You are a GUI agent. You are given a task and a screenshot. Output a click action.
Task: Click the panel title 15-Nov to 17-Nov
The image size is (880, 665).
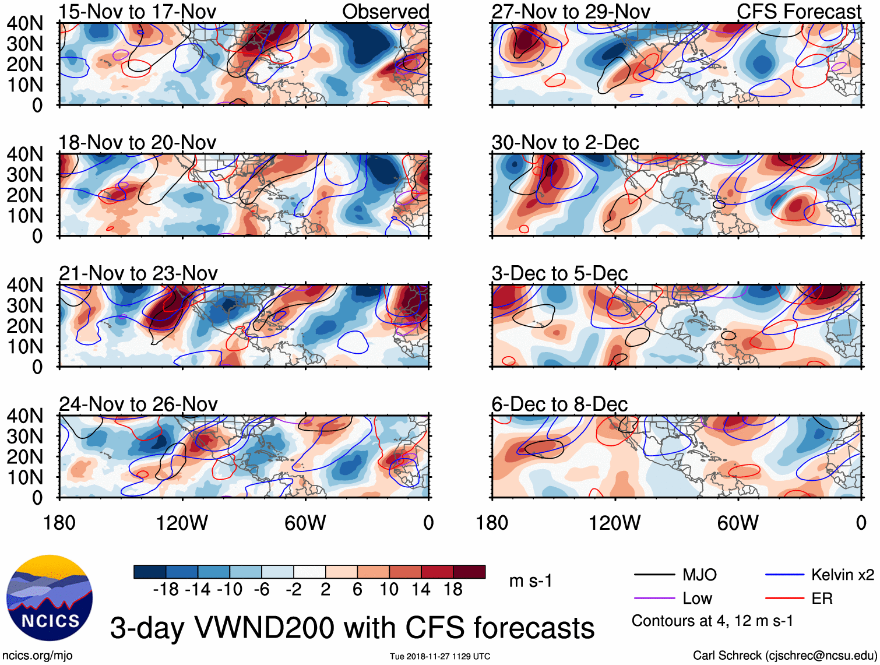[138, 12]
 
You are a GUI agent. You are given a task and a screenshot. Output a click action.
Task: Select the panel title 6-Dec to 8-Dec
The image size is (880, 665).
[559, 404]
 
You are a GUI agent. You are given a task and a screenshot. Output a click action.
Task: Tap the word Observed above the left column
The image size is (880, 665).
[385, 12]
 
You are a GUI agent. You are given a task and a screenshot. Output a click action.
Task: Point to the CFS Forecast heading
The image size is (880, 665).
[798, 12]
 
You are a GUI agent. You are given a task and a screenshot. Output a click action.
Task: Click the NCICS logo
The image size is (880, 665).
[50, 597]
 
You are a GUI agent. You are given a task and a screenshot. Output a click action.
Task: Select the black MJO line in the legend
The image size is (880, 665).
[654, 575]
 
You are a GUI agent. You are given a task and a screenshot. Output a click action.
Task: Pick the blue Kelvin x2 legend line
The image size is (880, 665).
[784, 575]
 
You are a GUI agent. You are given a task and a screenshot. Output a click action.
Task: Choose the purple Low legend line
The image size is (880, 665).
[654, 599]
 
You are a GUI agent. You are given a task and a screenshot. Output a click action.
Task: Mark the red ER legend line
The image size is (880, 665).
[784, 599]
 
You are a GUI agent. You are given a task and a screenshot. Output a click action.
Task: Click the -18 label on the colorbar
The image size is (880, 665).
[166, 590]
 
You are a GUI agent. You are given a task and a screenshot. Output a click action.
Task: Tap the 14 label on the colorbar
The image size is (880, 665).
[421, 590]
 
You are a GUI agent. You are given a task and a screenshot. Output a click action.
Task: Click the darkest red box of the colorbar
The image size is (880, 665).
[469, 572]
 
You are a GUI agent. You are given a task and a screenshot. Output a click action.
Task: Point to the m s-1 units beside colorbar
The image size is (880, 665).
[530, 581]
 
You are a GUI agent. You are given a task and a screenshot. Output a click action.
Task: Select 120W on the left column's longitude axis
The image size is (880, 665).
[182, 523]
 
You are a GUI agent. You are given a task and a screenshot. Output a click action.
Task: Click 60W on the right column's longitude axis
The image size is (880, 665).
[738, 523]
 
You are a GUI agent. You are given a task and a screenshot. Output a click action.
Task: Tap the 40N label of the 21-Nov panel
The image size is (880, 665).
[24, 285]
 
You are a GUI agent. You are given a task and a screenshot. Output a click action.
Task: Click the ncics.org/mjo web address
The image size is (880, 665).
[37, 656]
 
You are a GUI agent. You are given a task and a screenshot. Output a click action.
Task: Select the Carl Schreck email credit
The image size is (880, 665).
[784, 656]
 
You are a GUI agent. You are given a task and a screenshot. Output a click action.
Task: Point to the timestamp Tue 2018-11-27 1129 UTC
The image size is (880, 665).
[440, 656]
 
